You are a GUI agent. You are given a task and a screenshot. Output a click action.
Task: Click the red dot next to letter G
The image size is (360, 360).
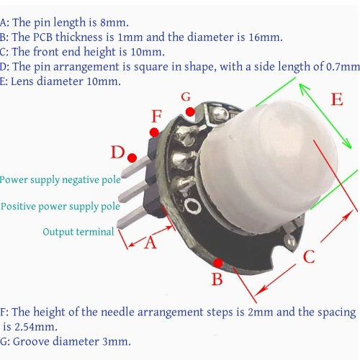point(190,112)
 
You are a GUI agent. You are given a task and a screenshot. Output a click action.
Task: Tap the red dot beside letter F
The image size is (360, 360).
point(154,132)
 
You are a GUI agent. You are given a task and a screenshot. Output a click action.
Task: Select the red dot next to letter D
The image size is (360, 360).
point(132,158)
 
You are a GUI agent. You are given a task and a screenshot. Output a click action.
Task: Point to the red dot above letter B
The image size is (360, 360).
point(217,263)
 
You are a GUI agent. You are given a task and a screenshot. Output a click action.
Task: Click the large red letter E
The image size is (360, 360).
point(337,99)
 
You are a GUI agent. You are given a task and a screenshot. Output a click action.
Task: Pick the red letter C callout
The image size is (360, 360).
point(309,256)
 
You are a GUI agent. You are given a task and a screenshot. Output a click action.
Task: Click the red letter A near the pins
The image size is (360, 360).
point(150,242)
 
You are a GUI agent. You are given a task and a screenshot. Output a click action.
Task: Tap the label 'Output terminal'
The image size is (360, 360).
point(78,232)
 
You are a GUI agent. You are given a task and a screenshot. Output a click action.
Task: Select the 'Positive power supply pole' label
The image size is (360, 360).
point(60,207)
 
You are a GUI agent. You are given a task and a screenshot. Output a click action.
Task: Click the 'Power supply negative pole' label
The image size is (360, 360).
point(60,180)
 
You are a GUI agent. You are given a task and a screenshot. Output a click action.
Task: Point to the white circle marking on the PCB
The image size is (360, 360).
point(192,206)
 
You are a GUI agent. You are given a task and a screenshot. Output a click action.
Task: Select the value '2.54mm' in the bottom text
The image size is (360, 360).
point(36,327)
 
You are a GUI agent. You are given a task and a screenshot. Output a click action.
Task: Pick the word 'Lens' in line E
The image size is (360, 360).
point(23,81)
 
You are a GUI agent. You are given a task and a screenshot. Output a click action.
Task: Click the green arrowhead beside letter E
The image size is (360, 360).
point(305,89)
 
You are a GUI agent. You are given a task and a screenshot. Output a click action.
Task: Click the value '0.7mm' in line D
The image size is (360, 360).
point(343,67)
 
